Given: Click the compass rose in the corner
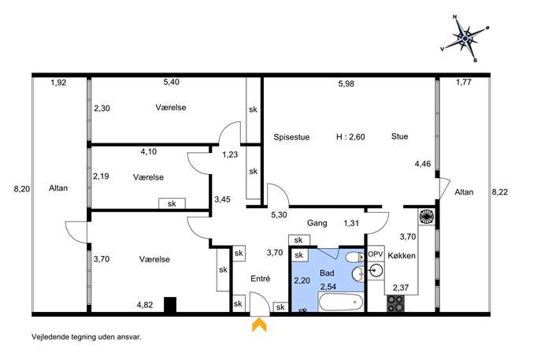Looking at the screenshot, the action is click(465, 38).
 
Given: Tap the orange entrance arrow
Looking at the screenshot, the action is click(259, 325).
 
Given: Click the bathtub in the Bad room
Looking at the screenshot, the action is click(341, 302).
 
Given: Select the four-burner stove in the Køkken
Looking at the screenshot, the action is click(395, 303).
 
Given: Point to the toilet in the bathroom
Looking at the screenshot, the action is click(354, 258).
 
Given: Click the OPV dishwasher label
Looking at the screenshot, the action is click(376, 254).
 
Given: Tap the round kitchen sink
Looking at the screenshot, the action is click(376, 270).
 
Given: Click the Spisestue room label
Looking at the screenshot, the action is click(291, 137).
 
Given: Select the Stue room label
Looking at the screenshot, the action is click(399, 136).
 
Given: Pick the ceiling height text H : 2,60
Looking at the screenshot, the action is click(350, 137).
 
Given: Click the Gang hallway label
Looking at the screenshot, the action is click(317, 223).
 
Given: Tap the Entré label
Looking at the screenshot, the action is click(261, 279).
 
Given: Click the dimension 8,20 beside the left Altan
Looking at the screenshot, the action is click(22, 189).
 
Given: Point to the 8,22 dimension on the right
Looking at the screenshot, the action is click(500, 192).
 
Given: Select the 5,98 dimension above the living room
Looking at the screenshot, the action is click(346, 84).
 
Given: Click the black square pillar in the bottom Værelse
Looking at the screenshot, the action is click(170, 305).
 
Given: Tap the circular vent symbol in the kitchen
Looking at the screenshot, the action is click(427, 217).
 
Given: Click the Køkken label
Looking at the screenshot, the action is click(402, 256).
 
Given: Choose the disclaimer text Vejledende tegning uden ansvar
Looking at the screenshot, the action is click(87, 337).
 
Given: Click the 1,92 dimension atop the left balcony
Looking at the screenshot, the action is click(58, 83).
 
